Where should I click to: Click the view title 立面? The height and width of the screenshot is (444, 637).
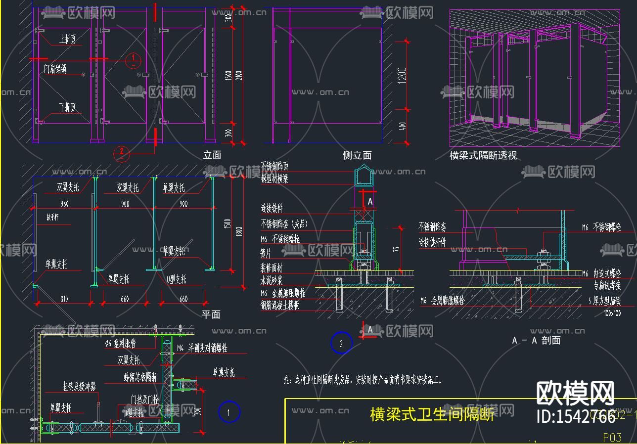pyautogui.click(x=212, y=155)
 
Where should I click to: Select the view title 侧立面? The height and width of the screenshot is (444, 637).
pyautogui.click(x=357, y=155)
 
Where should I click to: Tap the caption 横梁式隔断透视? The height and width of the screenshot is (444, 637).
pyautogui.click(x=483, y=155)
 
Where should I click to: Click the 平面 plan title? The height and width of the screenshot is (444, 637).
pyautogui.click(x=211, y=314)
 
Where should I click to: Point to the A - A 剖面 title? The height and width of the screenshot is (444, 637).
pyautogui.click(x=536, y=340)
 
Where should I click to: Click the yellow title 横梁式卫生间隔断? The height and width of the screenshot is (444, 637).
pyautogui.click(x=432, y=414)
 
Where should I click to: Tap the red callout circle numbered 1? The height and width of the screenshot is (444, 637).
pyautogui.click(x=133, y=60)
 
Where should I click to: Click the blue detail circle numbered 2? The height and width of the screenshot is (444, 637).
pyautogui.click(x=341, y=343)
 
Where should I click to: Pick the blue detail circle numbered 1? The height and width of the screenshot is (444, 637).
pyautogui.click(x=229, y=412)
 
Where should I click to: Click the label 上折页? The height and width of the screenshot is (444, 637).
pyautogui.click(x=67, y=39)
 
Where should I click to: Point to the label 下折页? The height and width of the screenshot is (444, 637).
pyautogui.click(x=67, y=107)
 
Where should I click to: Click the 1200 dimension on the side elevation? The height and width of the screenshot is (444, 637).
pyautogui.click(x=402, y=76)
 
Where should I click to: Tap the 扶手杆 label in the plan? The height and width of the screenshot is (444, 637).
pyautogui.click(x=53, y=218)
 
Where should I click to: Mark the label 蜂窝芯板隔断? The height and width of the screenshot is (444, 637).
pyautogui.click(x=140, y=377)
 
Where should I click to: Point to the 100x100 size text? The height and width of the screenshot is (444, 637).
pyautogui.click(x=612, y=313)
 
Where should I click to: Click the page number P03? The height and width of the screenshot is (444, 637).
pyautogui.click(x=612, y=437)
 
